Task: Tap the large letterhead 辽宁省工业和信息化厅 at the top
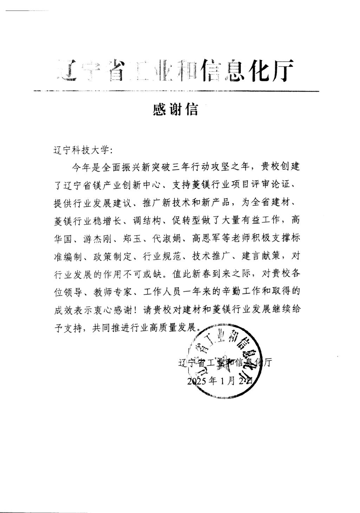click(175, 70)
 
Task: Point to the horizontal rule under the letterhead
click(176, 91)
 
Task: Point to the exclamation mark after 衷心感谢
click(137, 311)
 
